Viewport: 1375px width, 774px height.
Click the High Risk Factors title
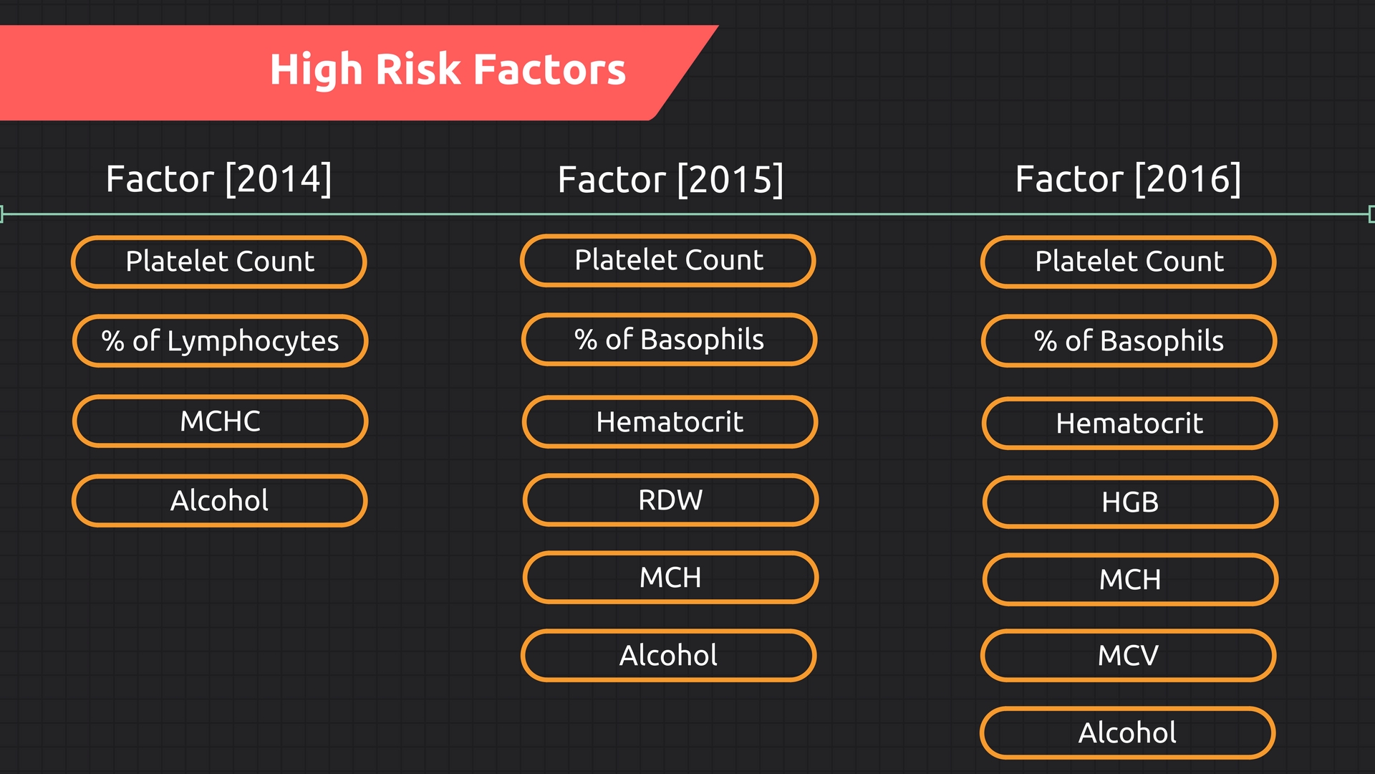click(x=448, y=70)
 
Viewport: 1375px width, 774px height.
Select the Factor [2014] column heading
click(x=219, y=178)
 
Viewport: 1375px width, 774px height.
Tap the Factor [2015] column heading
click(x=670, y=179)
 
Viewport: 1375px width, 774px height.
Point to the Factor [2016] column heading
click(x=1128, y=178)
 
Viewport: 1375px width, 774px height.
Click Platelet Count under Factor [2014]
click(x=219, y=262)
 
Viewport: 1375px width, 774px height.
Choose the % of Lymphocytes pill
click(x=220, y=341)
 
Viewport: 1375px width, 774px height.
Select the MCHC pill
click(x=220, y=421)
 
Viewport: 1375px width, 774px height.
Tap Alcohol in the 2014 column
click(x=219, y=500)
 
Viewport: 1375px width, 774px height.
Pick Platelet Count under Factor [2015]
click(x=668, y=260)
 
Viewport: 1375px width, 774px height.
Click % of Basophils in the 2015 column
click(x=669, y=339)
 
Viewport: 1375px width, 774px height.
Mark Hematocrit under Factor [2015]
click(x=670, y=422)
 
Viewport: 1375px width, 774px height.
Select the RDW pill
click(x=670, y=500)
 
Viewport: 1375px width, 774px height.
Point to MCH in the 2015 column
click(x=670, y=577)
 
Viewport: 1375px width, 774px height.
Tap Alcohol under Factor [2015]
click(x=668, y=655)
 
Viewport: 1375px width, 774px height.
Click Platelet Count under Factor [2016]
click(x=1129, y=262)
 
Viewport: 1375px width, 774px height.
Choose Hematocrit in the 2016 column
click(x=1129, y=424)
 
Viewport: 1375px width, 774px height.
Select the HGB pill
click(x=1130, y=502)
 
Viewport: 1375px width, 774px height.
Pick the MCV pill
click(x=1128, y=655)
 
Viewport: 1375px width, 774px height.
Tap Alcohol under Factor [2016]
click(x=1127, y=732)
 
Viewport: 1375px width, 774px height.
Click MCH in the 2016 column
click(x=1130, y=579)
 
